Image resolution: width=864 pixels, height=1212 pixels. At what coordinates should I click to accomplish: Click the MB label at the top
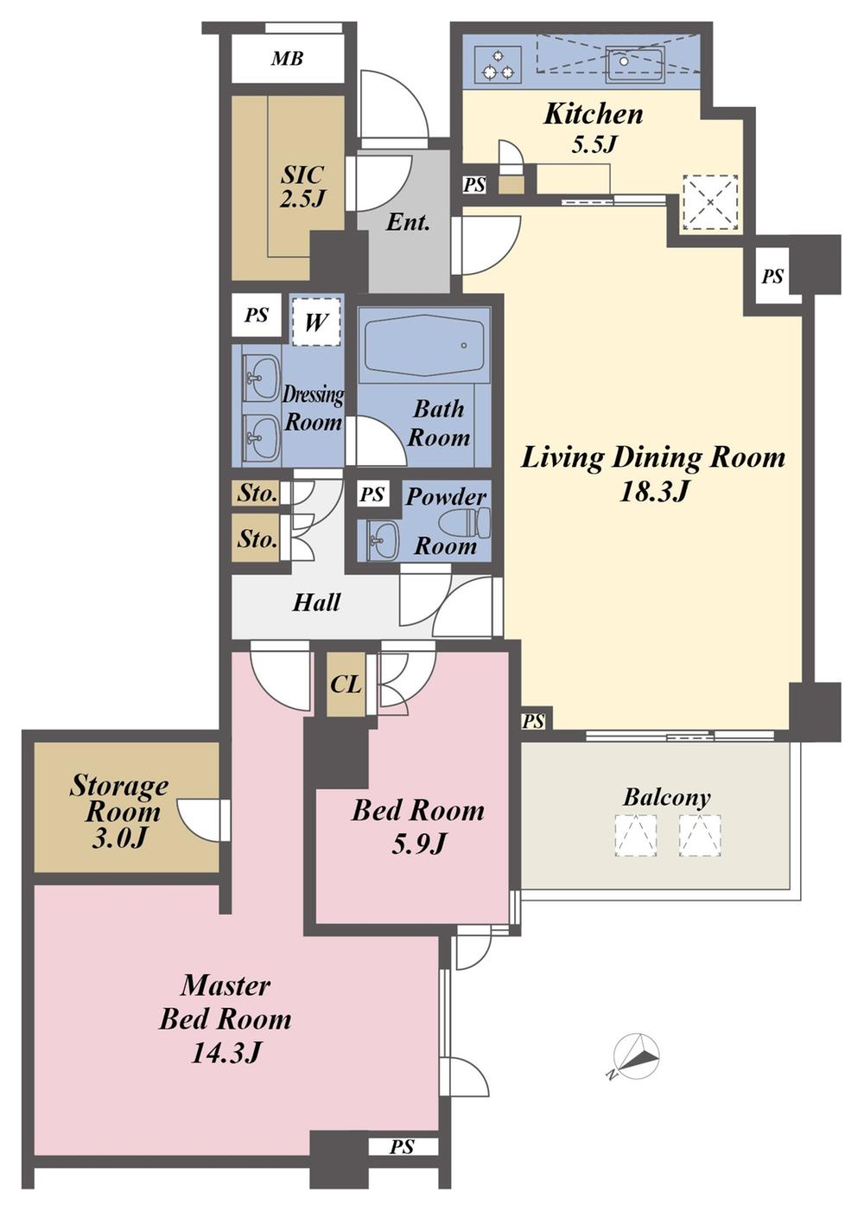287,59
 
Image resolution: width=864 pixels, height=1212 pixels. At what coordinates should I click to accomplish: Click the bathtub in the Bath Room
423,346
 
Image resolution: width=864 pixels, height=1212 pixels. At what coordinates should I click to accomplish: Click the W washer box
315,322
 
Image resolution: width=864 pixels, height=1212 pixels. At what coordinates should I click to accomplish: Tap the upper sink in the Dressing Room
260,378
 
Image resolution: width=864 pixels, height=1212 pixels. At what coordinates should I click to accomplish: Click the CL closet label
346,685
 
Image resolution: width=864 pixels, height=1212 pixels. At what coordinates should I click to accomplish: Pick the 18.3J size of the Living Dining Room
653,492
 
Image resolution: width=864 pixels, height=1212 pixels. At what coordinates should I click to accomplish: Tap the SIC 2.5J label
302,186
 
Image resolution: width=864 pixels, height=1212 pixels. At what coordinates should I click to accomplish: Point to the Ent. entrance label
408,222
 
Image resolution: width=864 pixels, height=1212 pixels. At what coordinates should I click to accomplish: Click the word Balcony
666,797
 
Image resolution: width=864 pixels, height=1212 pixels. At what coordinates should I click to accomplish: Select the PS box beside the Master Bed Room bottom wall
402,1146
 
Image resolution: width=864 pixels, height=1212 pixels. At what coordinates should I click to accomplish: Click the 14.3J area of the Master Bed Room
226,1052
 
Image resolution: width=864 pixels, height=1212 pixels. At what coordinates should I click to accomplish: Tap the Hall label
316,603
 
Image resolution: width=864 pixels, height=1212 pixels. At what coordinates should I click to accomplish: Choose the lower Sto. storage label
257,539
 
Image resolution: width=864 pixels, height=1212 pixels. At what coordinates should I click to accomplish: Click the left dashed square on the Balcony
635,836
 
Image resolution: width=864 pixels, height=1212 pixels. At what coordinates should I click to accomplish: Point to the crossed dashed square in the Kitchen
710,202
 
